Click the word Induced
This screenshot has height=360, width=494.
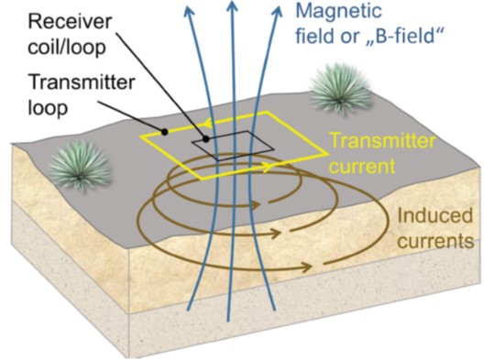click(x=435, y=217)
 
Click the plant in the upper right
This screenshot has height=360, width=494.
click(x=341, y=90)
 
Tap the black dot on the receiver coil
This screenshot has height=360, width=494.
click(x=207, y=139)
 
